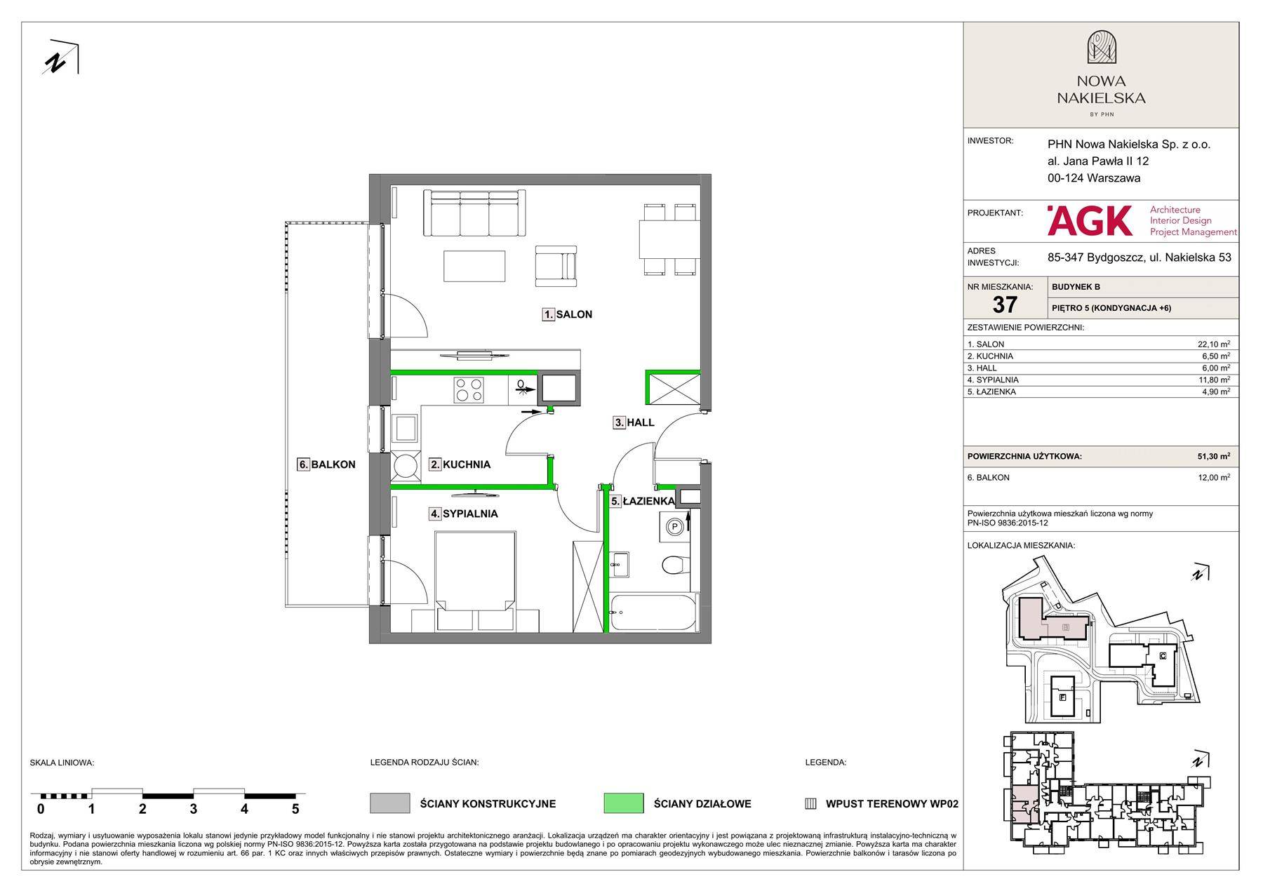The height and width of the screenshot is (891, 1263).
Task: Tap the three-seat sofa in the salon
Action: point(474,213)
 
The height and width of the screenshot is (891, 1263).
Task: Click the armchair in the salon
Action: point(556,266)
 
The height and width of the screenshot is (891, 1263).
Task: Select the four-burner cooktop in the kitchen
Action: point(469,390)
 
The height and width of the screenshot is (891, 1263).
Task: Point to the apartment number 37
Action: point(1005,304)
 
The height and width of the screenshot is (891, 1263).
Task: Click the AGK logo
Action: point(1090,220)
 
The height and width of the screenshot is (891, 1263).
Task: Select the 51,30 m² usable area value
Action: point(1213,456)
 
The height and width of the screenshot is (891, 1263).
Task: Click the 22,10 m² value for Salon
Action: point(1213,344)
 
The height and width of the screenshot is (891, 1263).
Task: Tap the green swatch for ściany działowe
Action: point(623,803)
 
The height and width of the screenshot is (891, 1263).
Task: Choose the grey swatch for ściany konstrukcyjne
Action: point(389,803)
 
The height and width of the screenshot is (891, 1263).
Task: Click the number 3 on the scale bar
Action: point(193,809)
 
